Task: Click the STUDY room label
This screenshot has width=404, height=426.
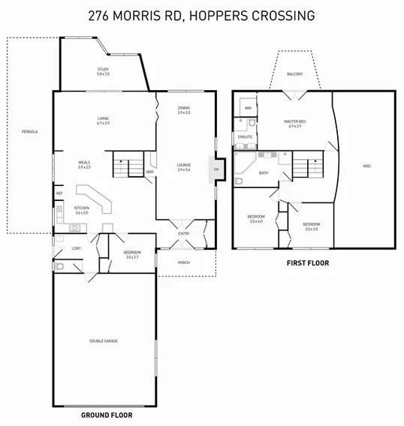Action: click(103, 69)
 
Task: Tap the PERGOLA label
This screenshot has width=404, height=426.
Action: click(30, 132)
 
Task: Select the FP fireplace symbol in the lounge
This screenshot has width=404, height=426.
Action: click(217, 169)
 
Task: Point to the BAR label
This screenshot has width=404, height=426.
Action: click(149, 172)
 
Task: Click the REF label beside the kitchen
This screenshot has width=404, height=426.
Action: click(59, 193)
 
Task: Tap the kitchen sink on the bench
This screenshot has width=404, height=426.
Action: click(75, 206)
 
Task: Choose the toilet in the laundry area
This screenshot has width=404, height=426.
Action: click(59, 265)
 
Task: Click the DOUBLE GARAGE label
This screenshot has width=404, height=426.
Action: click(104, 340)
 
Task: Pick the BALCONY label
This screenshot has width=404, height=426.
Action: click(296, 74)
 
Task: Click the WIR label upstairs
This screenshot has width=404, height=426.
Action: click(247, 108)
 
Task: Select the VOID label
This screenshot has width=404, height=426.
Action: click(366, 166)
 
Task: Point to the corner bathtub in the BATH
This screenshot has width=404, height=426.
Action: click(244, 166)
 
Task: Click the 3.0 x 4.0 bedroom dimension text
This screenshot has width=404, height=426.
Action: click(255, 222)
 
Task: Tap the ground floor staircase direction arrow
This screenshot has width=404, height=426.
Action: click(120, 160)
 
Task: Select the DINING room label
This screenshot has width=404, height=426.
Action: click(184, 108)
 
